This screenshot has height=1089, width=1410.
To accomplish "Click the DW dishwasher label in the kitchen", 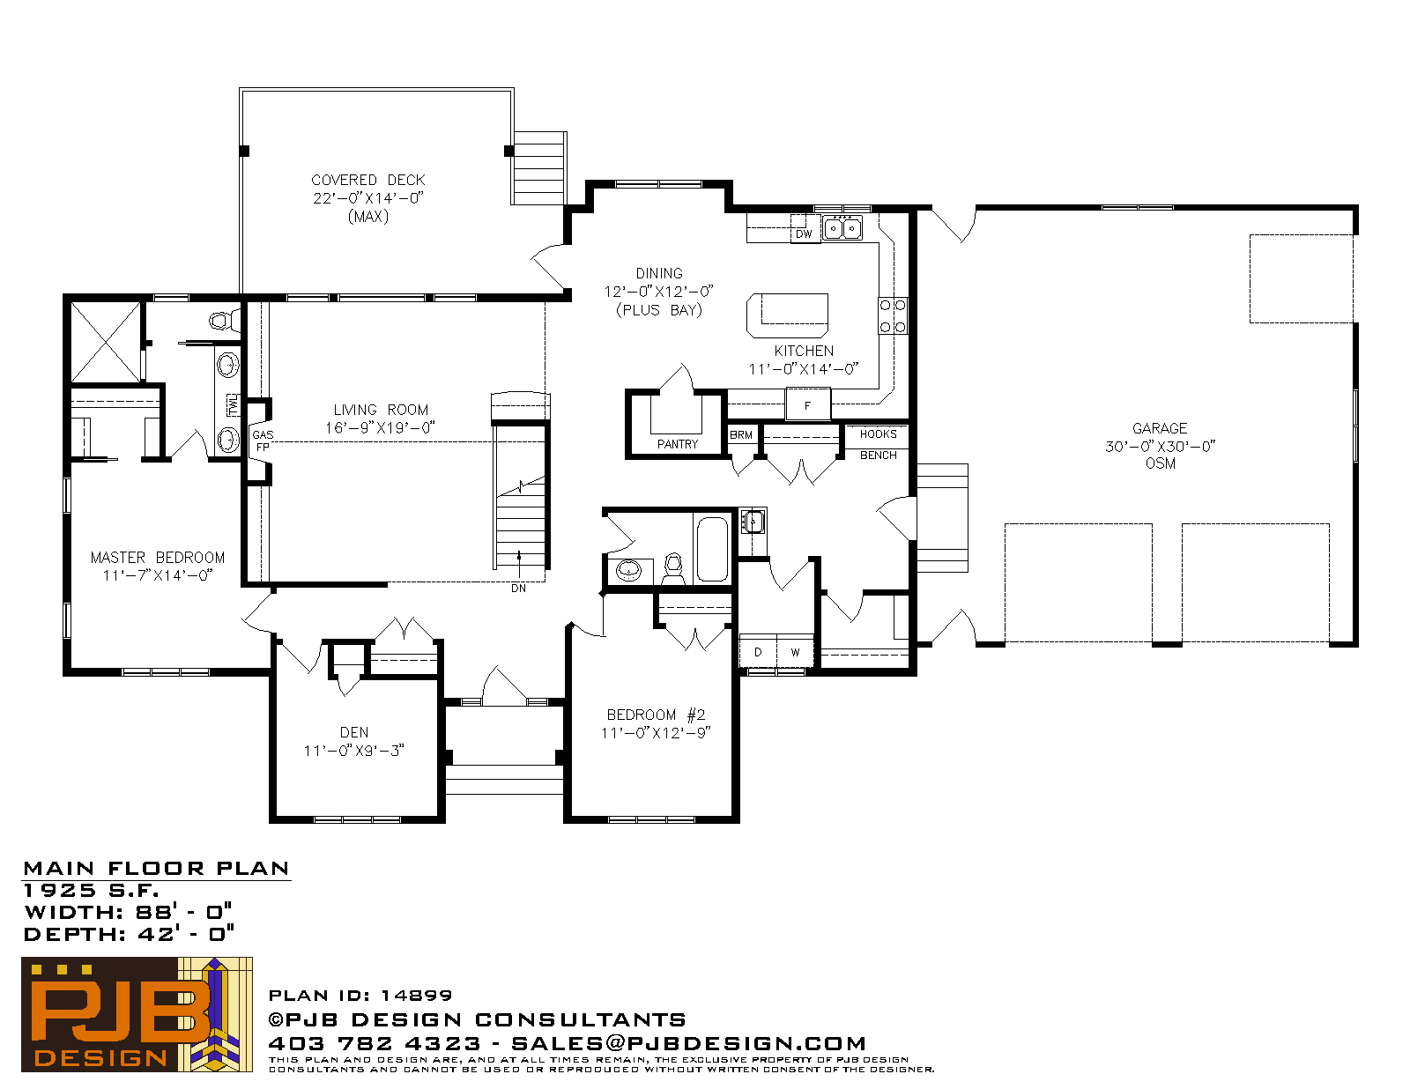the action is [804, 234].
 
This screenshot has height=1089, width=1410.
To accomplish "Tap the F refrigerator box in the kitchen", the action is [808, 404].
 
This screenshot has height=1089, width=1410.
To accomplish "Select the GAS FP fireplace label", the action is [263, 441].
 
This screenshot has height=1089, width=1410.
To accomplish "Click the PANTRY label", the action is [678, 444].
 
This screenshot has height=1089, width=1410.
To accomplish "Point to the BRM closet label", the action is [741, 434].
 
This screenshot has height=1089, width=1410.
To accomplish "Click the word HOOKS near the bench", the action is [878, 433].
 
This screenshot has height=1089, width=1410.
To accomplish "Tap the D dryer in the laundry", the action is [758, 651].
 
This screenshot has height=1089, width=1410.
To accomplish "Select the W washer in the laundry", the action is [795, 651].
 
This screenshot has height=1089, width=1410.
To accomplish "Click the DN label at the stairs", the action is [518, 589].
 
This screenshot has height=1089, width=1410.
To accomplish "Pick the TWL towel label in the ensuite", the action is [233, 404].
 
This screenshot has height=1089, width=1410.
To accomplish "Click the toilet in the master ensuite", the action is [224, 321].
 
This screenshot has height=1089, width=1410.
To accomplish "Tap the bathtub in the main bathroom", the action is [712, 549].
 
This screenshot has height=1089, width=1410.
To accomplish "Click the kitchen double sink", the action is [842, 228].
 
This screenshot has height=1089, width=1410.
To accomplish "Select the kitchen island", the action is [787, 316].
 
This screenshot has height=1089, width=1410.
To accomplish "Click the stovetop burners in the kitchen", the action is [893, 316].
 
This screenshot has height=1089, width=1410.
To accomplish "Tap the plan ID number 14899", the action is [416, 995].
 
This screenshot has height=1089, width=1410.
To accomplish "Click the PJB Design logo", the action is [137, 1013].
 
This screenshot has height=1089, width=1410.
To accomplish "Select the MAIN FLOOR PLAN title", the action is [156, 868].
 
